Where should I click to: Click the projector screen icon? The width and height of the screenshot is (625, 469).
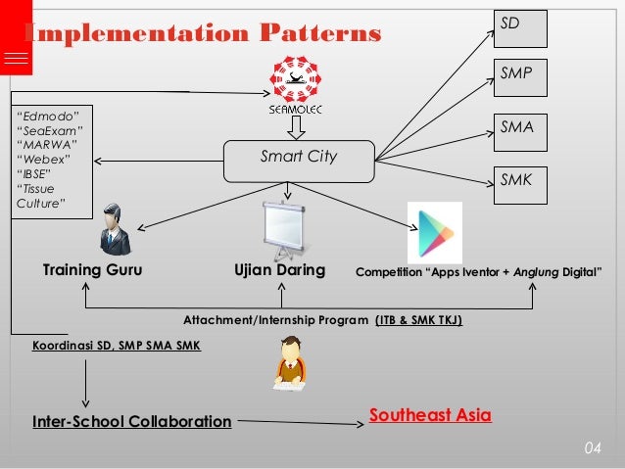[x=284, y=228]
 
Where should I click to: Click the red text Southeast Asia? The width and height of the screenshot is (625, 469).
[x=430, y=415]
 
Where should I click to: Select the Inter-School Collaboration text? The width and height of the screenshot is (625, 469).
[x=131, y=422]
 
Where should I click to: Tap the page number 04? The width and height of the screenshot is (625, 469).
[x=591, y=448]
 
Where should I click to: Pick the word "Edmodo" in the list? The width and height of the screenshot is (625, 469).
[x=49, y=116]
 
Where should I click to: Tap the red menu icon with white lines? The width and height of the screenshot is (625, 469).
[x=16, y=58]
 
